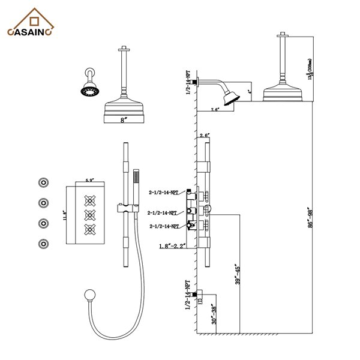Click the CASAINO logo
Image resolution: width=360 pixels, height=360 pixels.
32,27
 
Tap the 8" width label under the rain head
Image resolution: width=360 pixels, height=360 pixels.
124,120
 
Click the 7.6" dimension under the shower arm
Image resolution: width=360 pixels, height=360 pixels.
215,110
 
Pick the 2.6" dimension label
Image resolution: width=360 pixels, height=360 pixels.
205,136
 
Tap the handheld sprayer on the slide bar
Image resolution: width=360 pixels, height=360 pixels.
134,180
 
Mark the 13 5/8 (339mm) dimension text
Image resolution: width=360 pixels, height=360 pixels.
308,67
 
